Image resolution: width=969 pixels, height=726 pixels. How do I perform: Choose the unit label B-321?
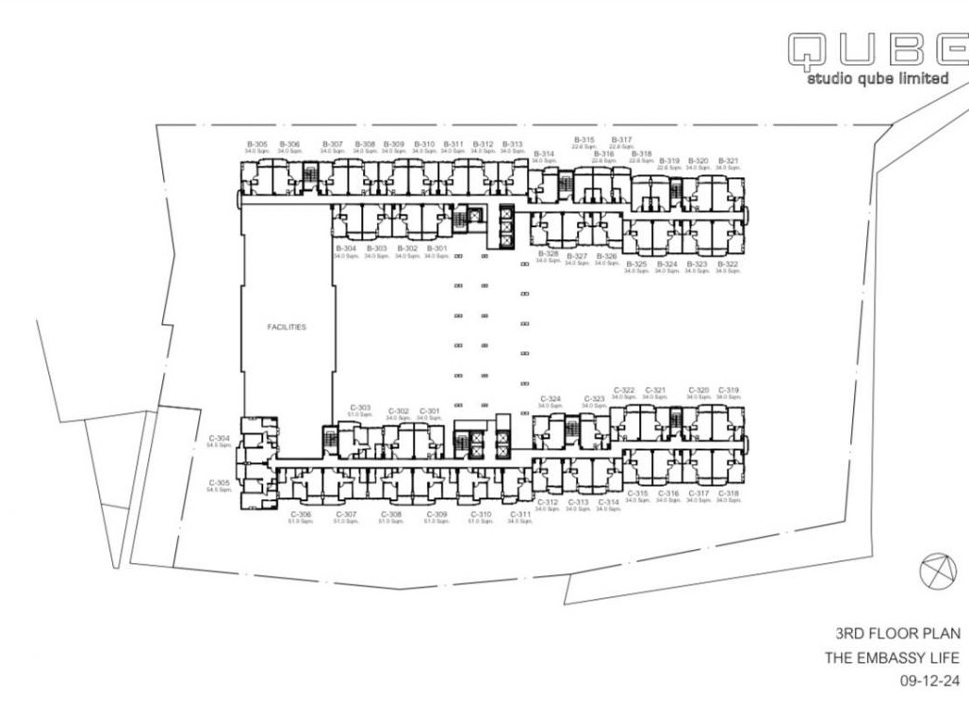point(728,160)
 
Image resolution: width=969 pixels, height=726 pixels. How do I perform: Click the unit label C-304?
point(219,438)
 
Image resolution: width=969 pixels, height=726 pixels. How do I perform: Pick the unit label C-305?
point(219,482)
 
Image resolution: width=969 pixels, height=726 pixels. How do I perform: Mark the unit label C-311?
point(520,514)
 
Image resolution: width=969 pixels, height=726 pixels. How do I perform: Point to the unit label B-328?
point(549,254)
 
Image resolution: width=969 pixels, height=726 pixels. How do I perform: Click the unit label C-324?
point(550,398)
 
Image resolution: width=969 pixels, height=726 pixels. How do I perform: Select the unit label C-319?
point(729,390)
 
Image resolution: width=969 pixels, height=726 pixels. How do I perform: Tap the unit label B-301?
point(437,249)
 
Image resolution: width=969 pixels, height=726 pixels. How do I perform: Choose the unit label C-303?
point(360,408)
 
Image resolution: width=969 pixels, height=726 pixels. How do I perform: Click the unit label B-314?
point(544,153)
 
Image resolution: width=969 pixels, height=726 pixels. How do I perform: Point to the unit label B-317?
point(621,139)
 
